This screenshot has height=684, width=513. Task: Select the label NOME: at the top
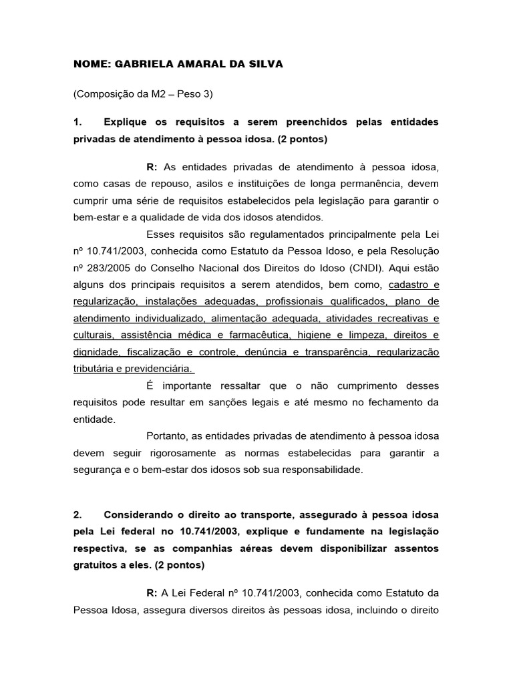coord(92,64)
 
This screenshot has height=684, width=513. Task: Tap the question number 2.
coord(77,514)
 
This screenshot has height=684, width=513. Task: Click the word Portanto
coord(166,437)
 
